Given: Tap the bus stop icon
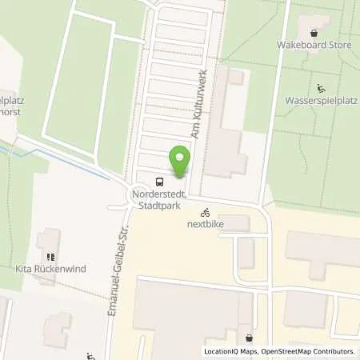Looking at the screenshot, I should pyautogui.click(x=158, y=181).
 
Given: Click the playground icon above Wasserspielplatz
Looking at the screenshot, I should pyautogui.click(x=321, y=89).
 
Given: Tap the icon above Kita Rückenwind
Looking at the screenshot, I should pyautogui.click(x=50, y=257).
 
